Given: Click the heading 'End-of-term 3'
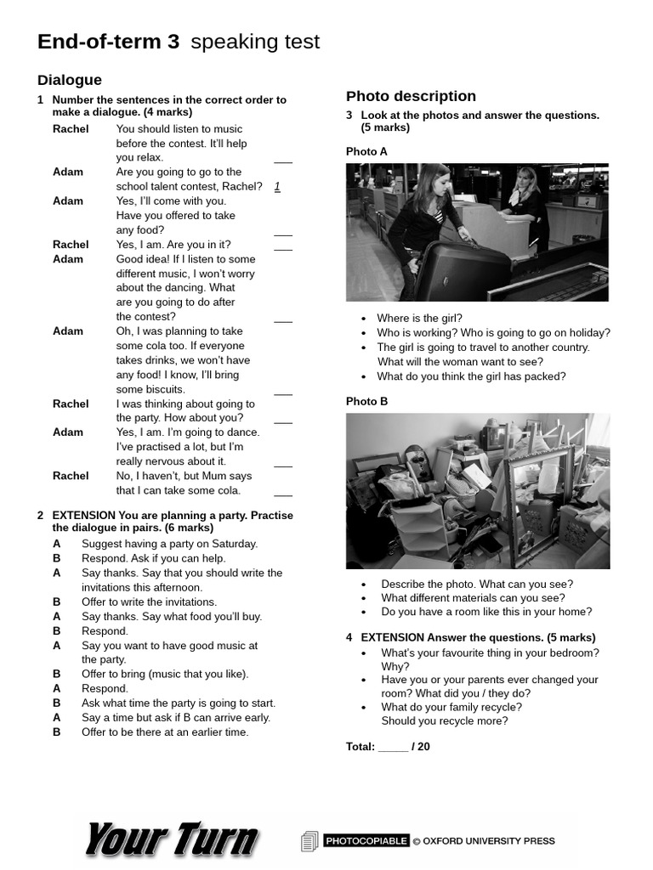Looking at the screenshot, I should click(108, 42).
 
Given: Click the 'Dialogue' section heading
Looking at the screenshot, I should click(70, 80).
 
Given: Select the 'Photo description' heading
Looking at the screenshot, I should click(411, 96).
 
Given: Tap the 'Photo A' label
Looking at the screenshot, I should click(366, 151).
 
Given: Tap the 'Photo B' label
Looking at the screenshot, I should click(366, 401).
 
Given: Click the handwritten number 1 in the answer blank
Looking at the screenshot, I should click(277, 186).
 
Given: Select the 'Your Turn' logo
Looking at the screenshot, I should click(171, 839).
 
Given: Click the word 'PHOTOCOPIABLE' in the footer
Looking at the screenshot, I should click(366, 841).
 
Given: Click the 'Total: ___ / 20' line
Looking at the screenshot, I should click(388, 747).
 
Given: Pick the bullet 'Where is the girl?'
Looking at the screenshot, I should click(419, 318).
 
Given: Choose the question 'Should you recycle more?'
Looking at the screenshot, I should click(444, 720).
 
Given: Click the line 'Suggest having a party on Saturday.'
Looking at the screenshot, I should click(169, 544).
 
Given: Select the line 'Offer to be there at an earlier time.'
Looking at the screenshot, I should click(165, 732).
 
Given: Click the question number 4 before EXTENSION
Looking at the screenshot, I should click(349, 637).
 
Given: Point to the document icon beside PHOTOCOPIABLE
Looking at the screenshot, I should click(309, 841).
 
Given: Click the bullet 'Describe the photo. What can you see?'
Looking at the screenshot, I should click(476, 584).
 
